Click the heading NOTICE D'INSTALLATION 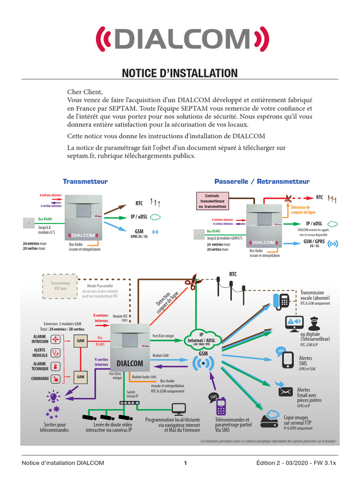[180, 73]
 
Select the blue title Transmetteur [85, 181]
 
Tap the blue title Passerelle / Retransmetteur [262, 181]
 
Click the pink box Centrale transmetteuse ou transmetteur [212, 201]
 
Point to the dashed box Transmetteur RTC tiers [60, 286]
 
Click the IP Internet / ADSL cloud [201, 338]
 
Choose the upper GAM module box [81, 341]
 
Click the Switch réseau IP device [129, 403]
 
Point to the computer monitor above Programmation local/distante [179, 409]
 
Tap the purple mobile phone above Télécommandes [222, 406]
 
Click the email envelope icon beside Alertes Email [285, 391]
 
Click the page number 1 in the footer [186, 463]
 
